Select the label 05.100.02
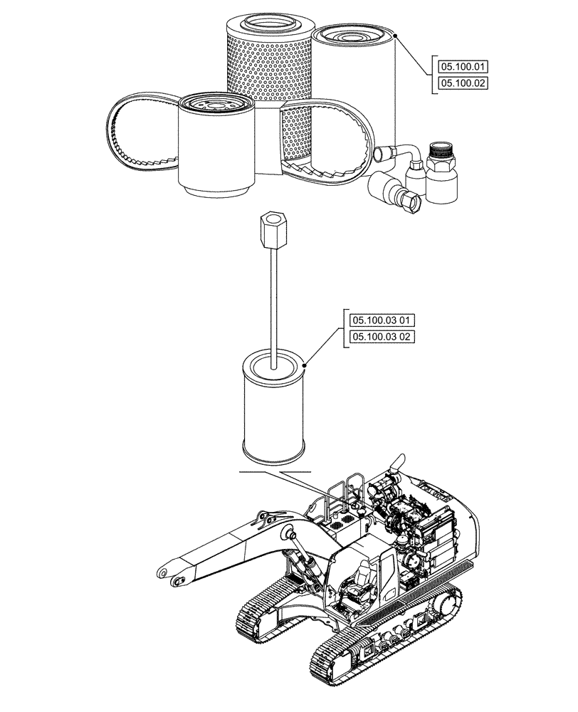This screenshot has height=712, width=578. click(x=463, y=84)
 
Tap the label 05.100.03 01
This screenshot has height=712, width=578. click(x=377, y=320)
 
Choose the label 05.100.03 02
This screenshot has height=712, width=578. click(x=377, y=336)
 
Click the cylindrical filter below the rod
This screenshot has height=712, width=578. click(x=275, y=409)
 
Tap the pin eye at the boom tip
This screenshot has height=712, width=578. click(x=165, y=572)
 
